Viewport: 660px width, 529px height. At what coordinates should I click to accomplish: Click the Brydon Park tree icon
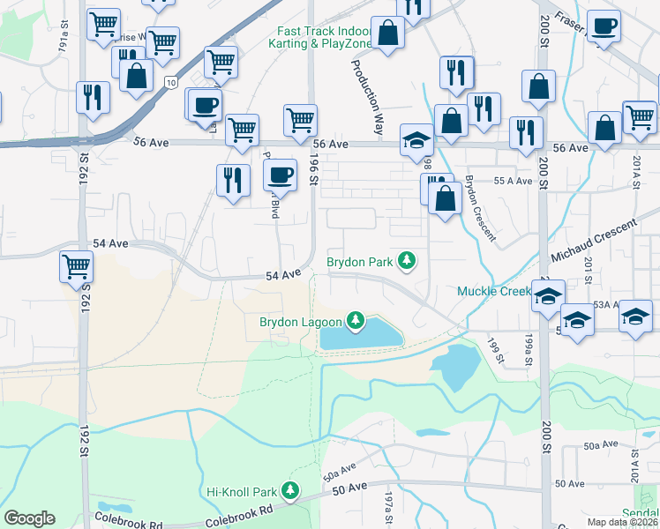click(x=407, y=261)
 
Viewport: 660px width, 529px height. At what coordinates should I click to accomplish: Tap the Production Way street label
click(x=368, y=96)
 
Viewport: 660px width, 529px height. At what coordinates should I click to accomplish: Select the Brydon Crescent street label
click(x=480, y=208)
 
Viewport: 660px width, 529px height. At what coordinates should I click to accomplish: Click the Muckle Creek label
click(x=492, y=291)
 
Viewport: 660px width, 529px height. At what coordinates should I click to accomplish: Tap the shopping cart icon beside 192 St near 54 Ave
click(x=76, y=264)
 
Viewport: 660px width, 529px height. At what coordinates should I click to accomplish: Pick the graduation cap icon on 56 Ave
click(x=416, y=138)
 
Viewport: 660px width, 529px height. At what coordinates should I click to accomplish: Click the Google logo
click(x=29, y=518)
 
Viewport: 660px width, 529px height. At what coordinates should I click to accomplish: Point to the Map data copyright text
click(x=621, y=522)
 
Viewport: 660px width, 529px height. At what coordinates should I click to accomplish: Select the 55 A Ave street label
click(x=513, y=180)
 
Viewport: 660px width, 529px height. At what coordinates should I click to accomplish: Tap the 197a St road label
click(x=386, y=510)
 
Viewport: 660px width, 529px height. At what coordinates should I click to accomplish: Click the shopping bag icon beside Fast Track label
click(x=386, y=33)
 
